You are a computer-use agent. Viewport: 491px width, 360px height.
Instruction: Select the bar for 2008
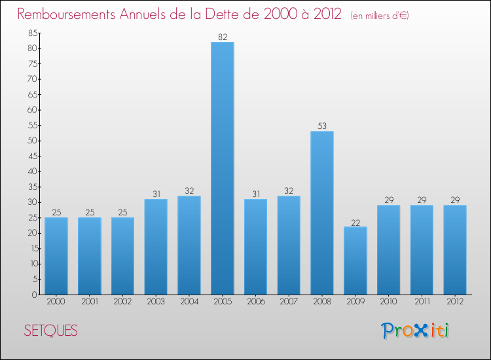(x=322, y=213)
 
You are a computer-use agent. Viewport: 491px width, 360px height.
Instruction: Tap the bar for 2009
(x=355, y=261)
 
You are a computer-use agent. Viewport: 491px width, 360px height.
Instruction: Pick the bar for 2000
(x=56, y=256)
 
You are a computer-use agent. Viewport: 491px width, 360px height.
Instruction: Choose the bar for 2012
(x=455, y=249)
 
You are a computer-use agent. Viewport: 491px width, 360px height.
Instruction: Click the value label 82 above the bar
(x=223, y=37)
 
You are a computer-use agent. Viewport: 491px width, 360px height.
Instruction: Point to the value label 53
(x=322, y=126)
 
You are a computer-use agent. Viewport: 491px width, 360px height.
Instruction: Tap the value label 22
(x=355, y=222)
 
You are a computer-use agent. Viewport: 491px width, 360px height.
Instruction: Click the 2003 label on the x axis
(x=156, y=302)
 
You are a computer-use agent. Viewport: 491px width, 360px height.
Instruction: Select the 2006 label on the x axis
(x=255, y=302)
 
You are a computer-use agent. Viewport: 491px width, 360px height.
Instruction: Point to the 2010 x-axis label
(x=388, y=302)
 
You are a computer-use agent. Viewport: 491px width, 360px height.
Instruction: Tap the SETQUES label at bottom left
(x=50, y=331)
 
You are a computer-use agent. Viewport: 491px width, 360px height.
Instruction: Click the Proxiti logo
(x=416, y=331)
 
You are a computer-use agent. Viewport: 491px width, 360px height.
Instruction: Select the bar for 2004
(x=189, y=245)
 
